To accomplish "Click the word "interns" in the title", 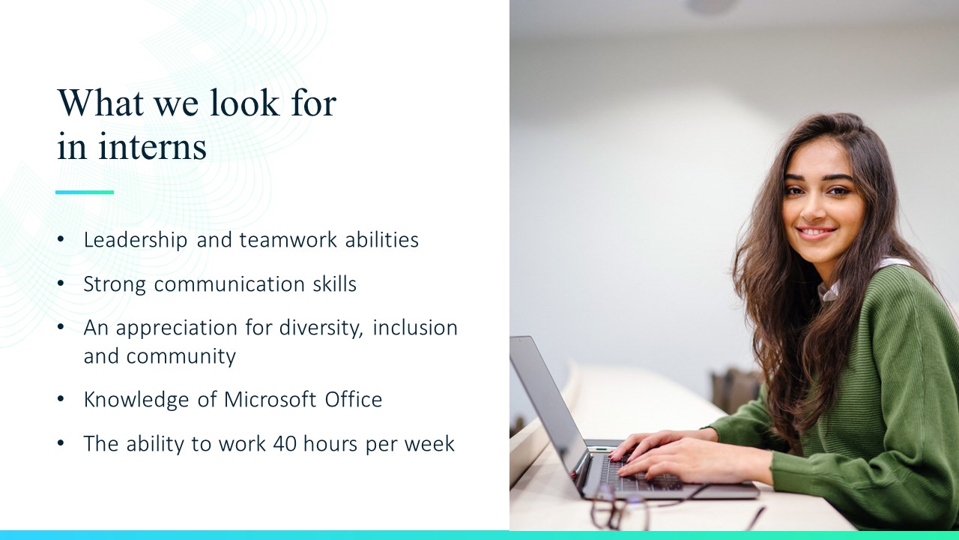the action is (153, 146).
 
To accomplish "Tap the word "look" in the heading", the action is (244, 103).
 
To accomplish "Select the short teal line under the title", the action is (85, 193).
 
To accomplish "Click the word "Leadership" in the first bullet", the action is (136, 240).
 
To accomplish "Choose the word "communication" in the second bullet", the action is (229, 284).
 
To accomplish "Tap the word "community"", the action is (181, 357).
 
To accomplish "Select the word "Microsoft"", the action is (270, 400).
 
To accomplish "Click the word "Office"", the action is (353, 400).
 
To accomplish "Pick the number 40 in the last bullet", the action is (285, 443).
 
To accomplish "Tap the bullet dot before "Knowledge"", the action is (61, 399).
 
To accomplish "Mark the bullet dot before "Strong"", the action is (61, 283).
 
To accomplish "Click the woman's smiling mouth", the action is (816, 232).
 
